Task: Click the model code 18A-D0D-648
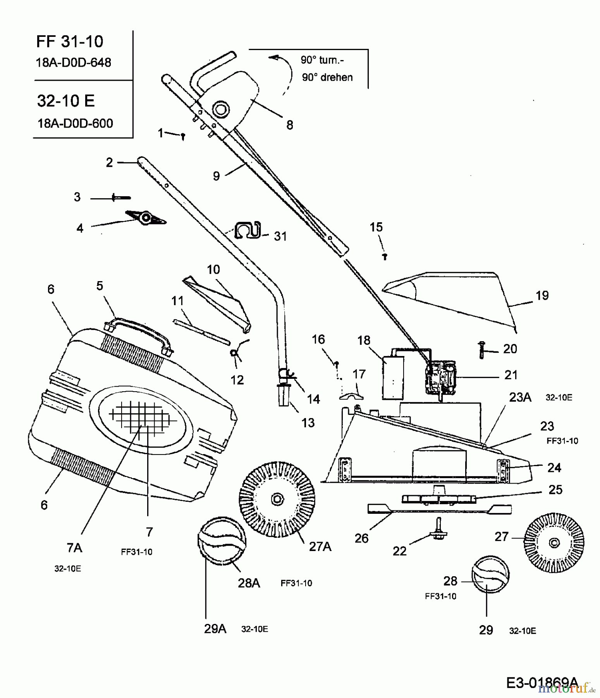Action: (73, 62)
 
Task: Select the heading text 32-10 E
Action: (66, 101)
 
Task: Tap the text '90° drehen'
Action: (327, 77)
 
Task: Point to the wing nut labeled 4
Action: (145, 218)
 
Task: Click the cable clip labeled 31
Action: (248, 230)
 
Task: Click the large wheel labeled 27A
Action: (277, 499)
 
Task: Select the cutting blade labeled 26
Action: (439, 508)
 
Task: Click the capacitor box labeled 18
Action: (393, 378)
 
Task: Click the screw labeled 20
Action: (482, 350)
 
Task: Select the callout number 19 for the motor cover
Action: (542, 295)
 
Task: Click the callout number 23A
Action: (520, 397)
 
